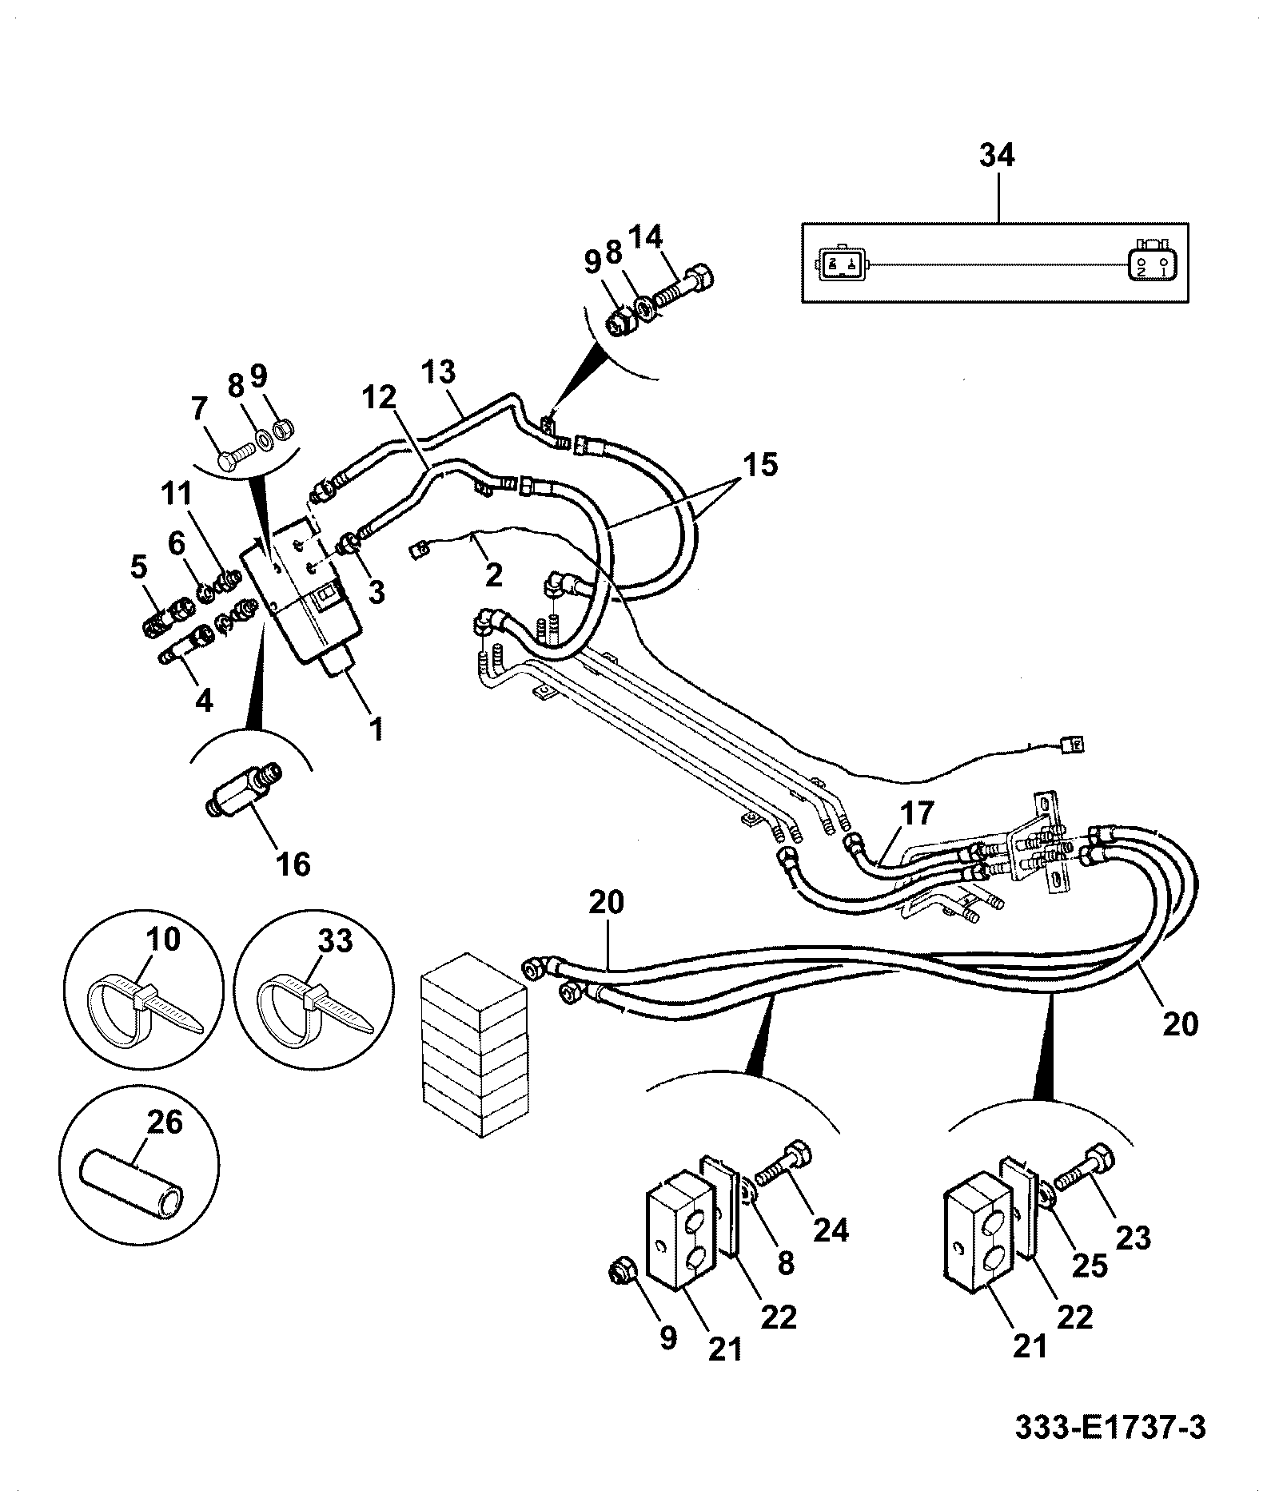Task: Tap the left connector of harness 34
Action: [840, 264]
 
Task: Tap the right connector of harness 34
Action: [1153, 263]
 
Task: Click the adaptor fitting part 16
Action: [243, 787]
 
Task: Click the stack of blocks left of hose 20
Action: [475, 1043]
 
